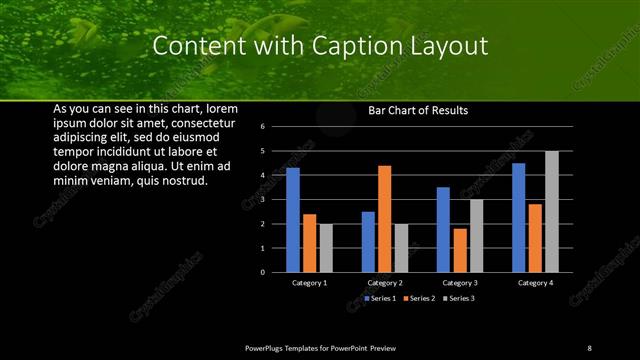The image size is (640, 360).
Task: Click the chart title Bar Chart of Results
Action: tap(418, 110)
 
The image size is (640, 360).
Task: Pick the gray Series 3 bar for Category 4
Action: tap(552, 211)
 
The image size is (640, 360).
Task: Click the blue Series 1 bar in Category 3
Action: tap(444, 229)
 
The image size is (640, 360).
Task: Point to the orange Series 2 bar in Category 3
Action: tap(460, 250)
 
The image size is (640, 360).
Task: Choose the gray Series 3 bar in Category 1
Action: tap(325, 248)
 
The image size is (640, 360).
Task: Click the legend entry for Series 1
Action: tap(381, 298)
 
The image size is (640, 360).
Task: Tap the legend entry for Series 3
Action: tap(457, 298)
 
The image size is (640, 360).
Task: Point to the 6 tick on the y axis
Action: tap(262, 127)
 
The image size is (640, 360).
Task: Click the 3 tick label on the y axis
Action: tap(262, 199)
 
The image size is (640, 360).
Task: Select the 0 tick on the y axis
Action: tap(262, 272)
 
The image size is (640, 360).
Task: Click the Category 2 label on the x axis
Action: tap(385, 283)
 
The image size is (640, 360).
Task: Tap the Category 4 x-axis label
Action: tap(535, 283)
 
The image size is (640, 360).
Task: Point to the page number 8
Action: tap(589, 347)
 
